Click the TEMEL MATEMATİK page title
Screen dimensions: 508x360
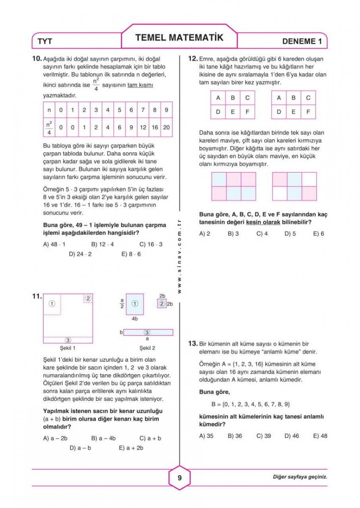(179, 38)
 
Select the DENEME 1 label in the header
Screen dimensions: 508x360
(305, 41)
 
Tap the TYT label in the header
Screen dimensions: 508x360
(45, 41)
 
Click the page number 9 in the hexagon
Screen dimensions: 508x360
(180, 478)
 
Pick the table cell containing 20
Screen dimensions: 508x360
(166, 127)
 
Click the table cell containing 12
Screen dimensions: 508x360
(143, 127)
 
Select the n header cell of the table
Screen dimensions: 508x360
(49, 110)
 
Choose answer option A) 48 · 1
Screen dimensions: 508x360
(55, 244)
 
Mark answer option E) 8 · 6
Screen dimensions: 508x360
(131, 254)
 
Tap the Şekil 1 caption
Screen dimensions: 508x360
(68, 348)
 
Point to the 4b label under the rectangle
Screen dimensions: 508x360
(134, 318)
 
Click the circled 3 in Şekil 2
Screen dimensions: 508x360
(147, 332)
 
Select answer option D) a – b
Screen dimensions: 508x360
(80, 447)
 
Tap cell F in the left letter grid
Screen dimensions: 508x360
(247, 112)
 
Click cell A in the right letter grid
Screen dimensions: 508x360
(279, 98)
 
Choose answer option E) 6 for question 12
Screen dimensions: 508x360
(318, 233)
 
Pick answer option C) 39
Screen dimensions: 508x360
(263, 436)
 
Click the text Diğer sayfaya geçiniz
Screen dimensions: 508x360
(300, 477)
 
